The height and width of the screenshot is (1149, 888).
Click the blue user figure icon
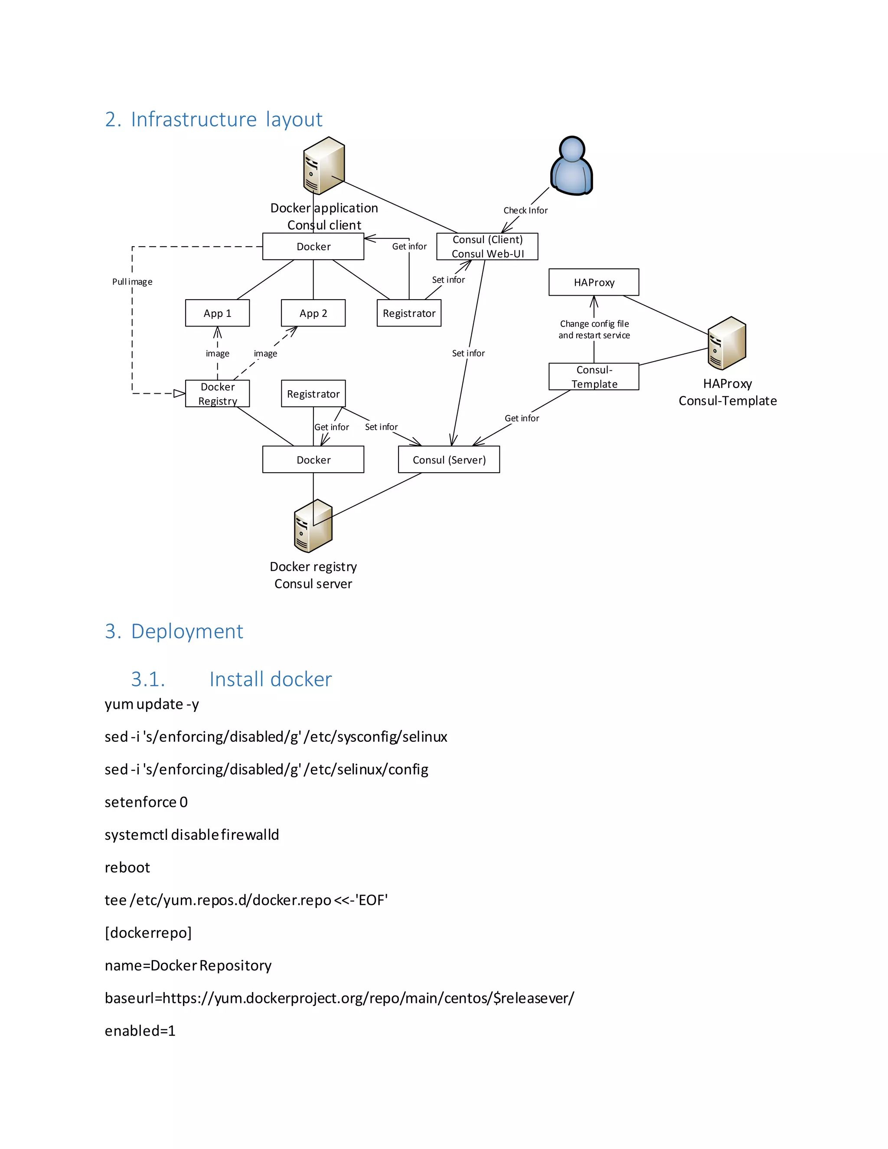click(571, 166)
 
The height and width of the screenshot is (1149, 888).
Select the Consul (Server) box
click(448, 459)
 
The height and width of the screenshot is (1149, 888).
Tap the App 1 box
click(217, 313)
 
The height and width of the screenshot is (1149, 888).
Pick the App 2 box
click(313, 313)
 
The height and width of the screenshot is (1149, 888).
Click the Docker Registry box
click(217, 394)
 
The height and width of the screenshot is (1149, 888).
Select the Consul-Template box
click(594, 376)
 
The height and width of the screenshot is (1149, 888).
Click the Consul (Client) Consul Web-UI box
click(487, 246)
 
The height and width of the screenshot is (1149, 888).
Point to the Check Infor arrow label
click(525, 210)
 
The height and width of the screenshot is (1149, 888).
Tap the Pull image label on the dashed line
click(132, 281)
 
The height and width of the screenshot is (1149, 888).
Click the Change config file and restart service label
click(594, 330)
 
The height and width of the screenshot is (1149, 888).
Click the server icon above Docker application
click(323, 165)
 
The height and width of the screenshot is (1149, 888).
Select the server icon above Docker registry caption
click(313, 526)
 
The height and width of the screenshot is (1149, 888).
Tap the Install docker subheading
click(271, 679)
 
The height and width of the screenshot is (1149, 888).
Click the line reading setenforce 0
click(146, 802)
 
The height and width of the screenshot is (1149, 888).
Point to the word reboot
click(127, 867)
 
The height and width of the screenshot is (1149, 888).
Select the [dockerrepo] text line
click(148, 932)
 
